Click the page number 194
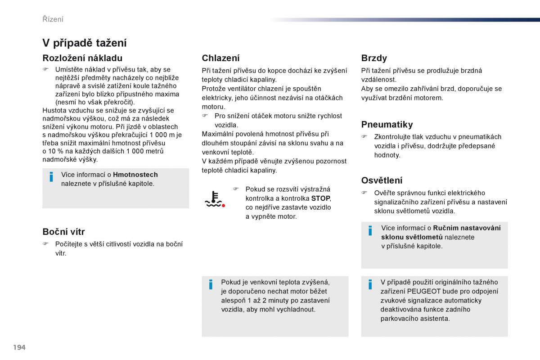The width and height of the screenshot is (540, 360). click(x=19, y=347)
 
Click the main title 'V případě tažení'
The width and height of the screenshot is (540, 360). click(x=84, y=43)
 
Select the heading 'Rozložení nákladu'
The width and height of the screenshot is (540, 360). click(x=82, y=58)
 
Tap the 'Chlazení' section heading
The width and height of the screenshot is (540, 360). click(x=220, y=58)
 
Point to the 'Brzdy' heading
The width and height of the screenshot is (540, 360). click(x=374, y=58)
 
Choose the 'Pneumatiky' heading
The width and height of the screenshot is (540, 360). click(x=387, y=124)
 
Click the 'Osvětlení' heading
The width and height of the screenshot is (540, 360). click(x=382, y=180)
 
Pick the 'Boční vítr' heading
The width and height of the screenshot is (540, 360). click(x=63, y=232)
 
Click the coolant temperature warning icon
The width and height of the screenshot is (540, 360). click(x=214, y=199)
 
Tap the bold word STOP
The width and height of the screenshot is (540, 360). click(x=320, y=198)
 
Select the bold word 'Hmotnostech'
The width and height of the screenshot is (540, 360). click(x=135, y=175)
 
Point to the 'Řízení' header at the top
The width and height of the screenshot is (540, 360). click(x=53, y=19)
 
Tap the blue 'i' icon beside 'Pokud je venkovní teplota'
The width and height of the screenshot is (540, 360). click(x=211, y=284)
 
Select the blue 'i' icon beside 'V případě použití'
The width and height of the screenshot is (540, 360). click(x=370, y=284)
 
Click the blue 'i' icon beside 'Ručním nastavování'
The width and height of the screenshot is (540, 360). click(x=370, y=230)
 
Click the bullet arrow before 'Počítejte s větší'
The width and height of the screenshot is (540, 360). click(x=45, y=244)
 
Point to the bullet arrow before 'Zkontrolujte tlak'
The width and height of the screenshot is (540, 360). click(x=364, y=137)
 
